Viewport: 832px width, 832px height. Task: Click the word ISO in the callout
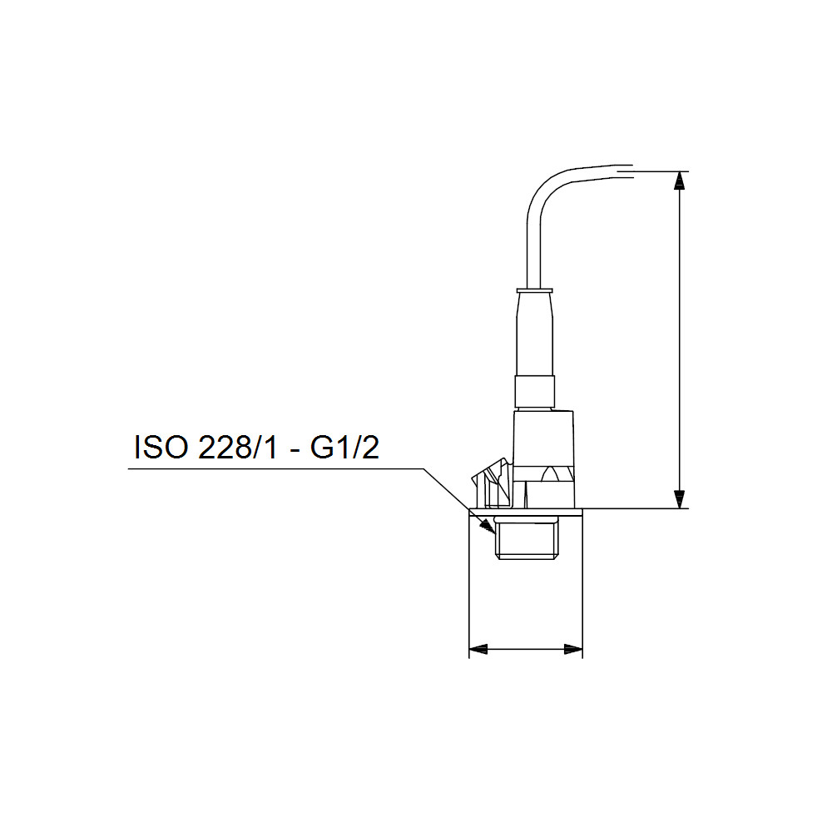pos(161,448)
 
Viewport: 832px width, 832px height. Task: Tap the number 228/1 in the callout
pos(237,448)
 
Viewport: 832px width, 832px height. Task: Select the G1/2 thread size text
pos(345,448)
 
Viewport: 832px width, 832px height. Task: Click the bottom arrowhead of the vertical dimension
pos(679,499)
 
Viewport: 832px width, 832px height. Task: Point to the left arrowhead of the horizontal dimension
pos(478,649)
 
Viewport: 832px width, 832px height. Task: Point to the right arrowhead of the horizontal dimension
pos(573,649)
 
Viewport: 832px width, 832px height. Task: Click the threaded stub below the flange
pos(525,540)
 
